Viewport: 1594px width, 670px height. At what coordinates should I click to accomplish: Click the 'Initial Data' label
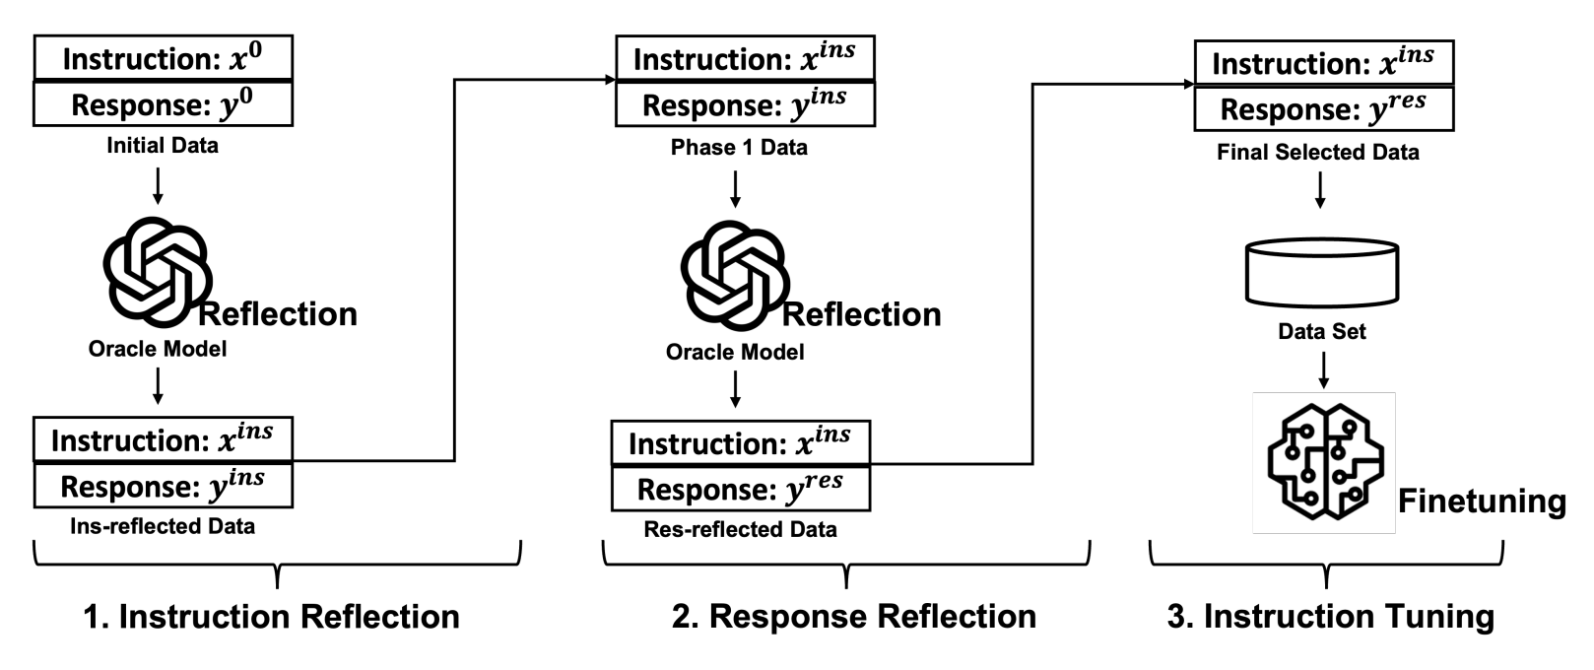point(163,146)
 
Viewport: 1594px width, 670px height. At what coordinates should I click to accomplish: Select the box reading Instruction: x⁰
point(163,58)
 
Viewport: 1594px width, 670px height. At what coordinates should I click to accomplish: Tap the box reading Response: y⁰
point(163,103)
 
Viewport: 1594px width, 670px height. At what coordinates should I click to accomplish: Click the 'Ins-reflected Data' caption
point(163,526)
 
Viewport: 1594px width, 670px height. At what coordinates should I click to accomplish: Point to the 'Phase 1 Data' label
point(739,148)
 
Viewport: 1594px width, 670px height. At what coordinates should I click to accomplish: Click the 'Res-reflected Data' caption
point(740,529)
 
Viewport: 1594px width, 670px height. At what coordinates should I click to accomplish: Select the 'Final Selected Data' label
point(1318,153)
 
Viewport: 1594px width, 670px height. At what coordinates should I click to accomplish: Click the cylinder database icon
point(1322,272)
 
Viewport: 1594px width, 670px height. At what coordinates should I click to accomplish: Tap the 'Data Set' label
point(1322,332)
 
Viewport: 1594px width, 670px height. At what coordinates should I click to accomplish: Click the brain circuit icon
point(1324,462)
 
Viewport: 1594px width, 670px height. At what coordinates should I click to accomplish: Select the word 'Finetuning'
point(1482,501)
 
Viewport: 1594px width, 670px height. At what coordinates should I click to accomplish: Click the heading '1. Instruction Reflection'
point(272,617)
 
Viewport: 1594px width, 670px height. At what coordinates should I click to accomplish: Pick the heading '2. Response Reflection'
point(853,617)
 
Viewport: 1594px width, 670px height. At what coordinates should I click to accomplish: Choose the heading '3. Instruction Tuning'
point(1330,617)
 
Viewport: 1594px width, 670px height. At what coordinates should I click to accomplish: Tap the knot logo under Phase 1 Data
point(735,271)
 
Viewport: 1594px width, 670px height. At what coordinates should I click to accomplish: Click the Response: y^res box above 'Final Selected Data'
point(1323,108)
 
